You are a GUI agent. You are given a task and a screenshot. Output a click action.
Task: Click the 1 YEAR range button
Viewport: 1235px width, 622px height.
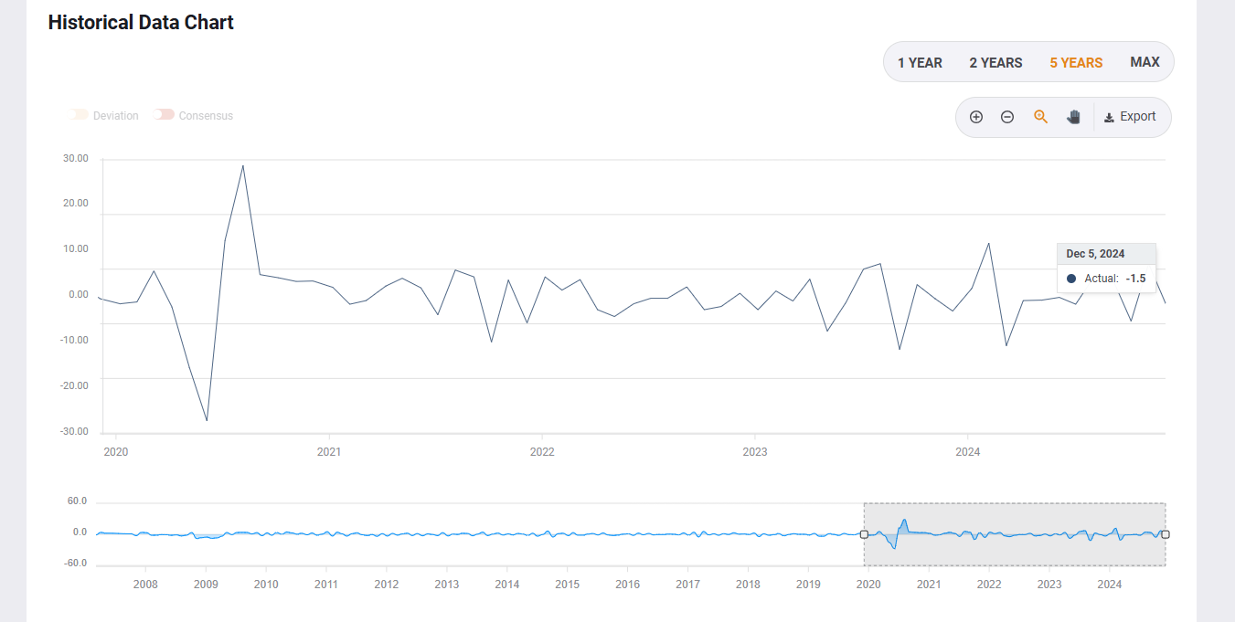[920, 63]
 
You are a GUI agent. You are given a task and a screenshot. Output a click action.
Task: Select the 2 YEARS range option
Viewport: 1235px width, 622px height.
[995, 63]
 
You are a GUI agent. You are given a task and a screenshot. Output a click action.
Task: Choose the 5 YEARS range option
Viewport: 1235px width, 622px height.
[1076, 63]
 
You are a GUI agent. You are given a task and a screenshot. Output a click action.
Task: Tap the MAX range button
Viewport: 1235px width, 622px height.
[1145, 62]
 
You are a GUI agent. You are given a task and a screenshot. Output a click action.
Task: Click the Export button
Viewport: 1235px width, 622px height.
[1131, 117]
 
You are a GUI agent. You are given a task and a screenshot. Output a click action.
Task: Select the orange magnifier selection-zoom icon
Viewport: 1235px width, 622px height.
[1040, 117]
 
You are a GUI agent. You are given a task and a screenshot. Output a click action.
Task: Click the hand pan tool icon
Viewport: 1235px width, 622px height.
[1073, 117]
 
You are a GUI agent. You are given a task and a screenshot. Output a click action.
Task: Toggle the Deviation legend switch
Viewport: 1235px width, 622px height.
[79, 115]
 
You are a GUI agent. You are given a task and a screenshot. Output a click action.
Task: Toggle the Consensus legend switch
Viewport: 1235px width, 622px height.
[165, 115]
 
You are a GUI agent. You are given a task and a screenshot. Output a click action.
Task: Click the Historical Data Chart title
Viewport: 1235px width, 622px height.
[141, 23]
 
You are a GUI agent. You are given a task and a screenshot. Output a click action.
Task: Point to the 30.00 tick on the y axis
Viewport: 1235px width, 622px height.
[76, 159]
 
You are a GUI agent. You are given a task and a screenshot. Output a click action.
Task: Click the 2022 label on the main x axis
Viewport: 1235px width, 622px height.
[542, 452]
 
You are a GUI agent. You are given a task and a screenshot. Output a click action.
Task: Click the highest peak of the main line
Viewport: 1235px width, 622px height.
[243, 165]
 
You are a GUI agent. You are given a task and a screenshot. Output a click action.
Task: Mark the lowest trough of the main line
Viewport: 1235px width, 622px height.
[207, 421]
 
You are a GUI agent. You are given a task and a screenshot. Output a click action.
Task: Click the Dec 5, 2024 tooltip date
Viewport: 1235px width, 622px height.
[1095, 254]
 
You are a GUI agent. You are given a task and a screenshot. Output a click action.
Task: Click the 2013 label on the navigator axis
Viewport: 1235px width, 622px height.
[447, 585]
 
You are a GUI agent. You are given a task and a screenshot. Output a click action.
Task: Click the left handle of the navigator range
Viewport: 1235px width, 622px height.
[864, 534]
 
